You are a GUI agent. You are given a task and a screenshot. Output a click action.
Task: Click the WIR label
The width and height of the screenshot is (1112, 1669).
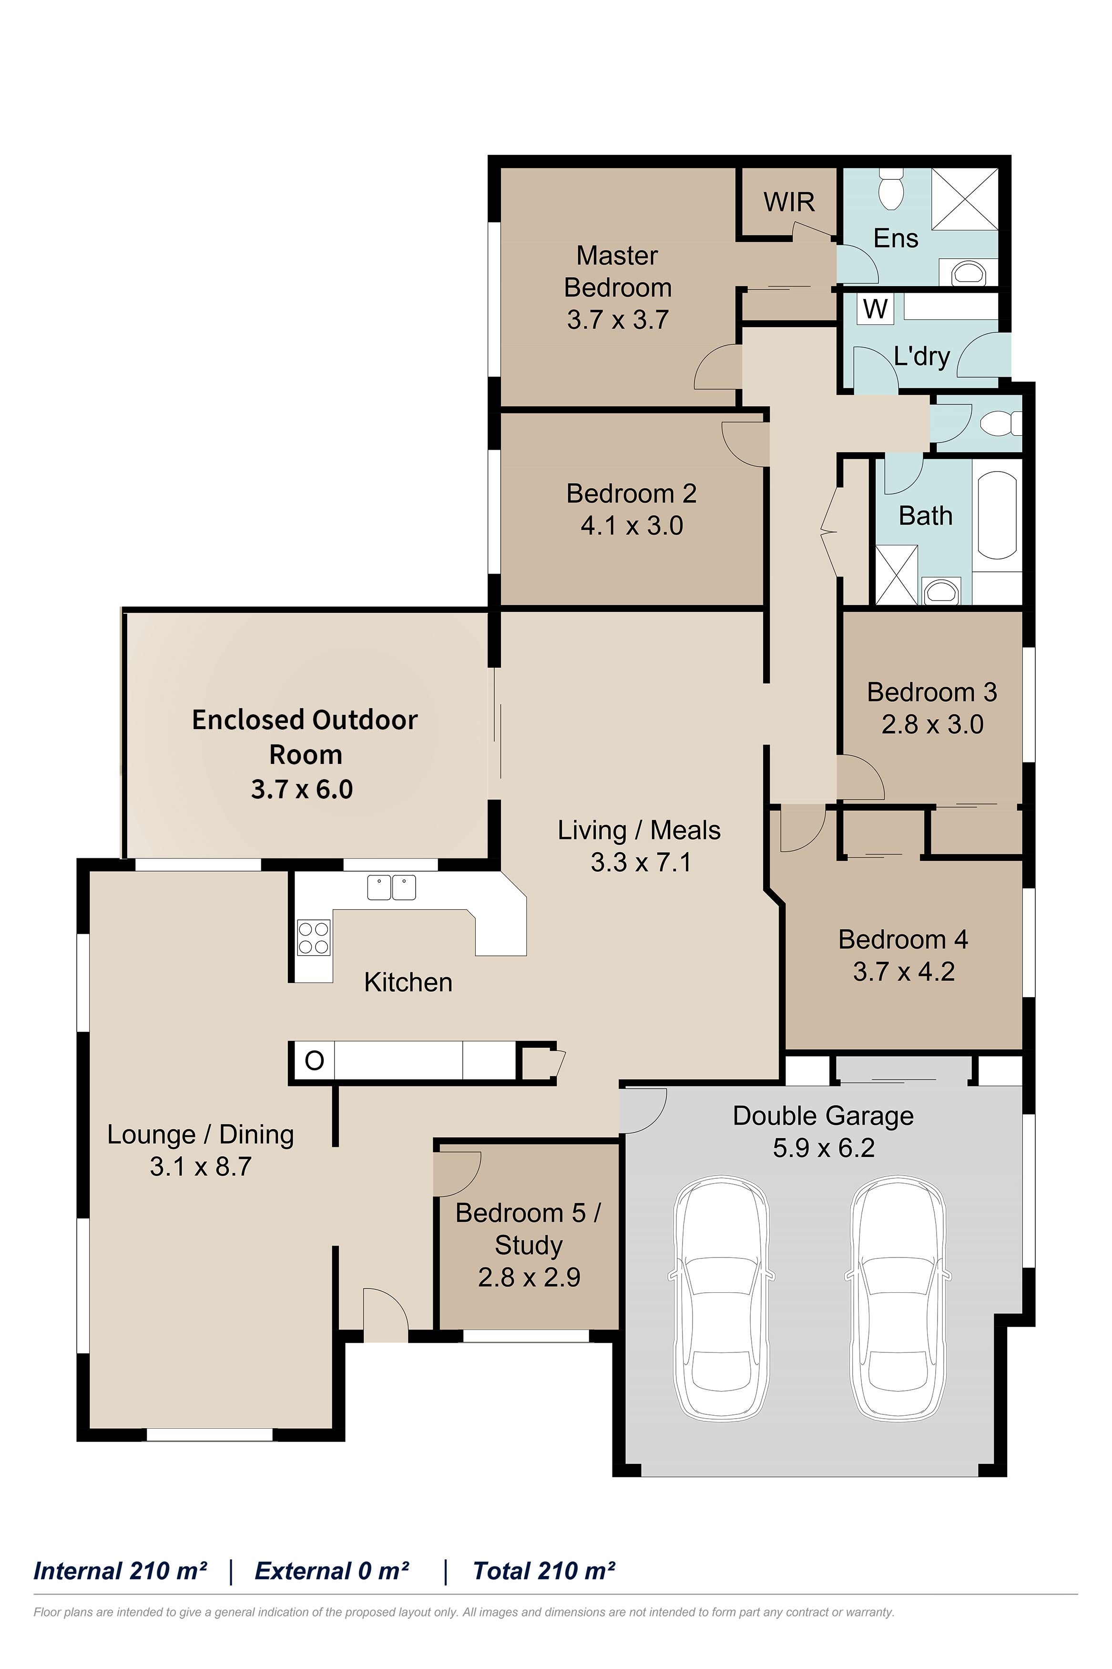click(x=789, y=202)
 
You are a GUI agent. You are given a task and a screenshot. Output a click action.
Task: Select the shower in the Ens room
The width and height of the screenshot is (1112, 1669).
click(x=965, y=198)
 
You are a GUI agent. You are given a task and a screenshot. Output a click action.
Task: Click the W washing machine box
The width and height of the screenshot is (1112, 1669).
click(x=876, y=309)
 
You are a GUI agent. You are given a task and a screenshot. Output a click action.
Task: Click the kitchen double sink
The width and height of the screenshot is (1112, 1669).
click(x=391, y=887)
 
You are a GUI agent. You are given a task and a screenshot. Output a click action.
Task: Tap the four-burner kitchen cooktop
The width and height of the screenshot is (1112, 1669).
click(x=314, y=938)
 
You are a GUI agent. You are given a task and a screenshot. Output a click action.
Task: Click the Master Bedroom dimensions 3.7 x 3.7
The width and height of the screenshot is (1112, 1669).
click(x=618, y=320)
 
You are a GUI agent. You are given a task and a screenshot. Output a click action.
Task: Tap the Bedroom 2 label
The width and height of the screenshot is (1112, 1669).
click(x=631, y=493)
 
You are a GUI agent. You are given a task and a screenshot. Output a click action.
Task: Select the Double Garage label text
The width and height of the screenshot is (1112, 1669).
click(x=823, y=1116)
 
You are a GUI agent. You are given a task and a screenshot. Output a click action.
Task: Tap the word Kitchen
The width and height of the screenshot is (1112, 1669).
click(x=408, y=982)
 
